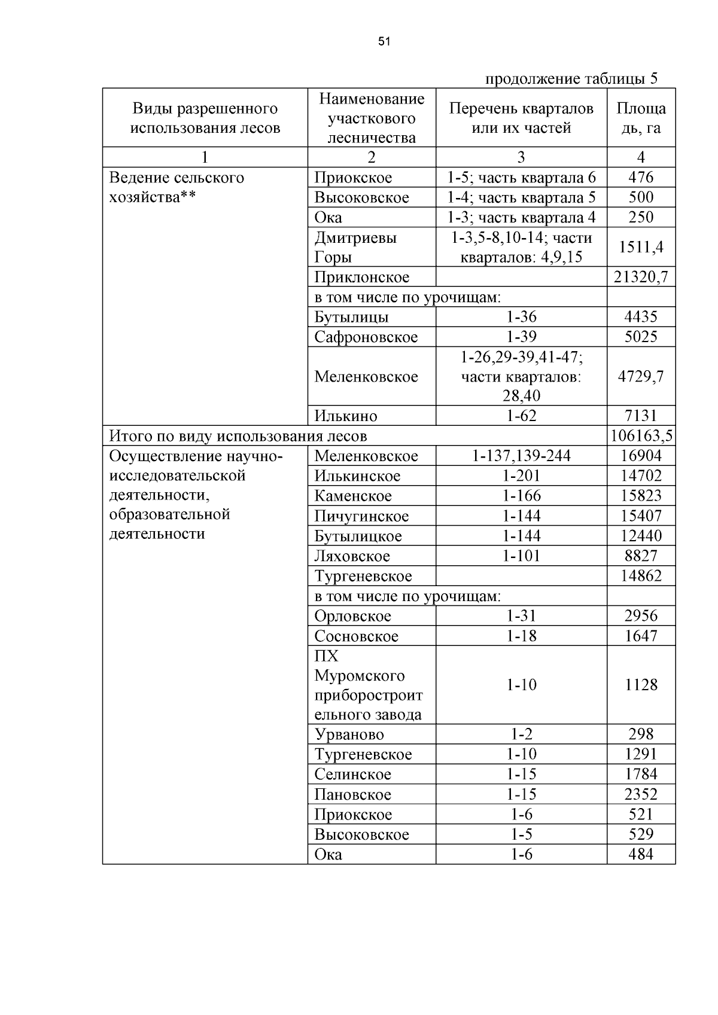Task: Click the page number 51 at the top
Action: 384,41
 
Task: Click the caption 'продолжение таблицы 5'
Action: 571,78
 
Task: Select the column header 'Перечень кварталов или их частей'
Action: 521,118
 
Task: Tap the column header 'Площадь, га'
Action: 641,118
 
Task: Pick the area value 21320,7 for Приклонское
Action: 641,277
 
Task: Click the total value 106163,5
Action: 641,435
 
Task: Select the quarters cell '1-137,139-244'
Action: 521,456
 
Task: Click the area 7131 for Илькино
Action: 641,416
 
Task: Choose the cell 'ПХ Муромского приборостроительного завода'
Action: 368,685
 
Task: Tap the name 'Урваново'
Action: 349,734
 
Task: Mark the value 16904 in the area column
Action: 641,456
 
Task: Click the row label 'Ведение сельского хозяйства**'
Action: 177,187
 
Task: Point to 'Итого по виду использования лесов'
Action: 238,436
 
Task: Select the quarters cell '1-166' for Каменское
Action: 521,496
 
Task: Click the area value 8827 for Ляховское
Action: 641,556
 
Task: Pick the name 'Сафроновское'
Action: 366,337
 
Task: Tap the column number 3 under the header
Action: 521,157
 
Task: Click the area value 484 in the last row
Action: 641,854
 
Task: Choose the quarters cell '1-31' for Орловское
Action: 521,615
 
